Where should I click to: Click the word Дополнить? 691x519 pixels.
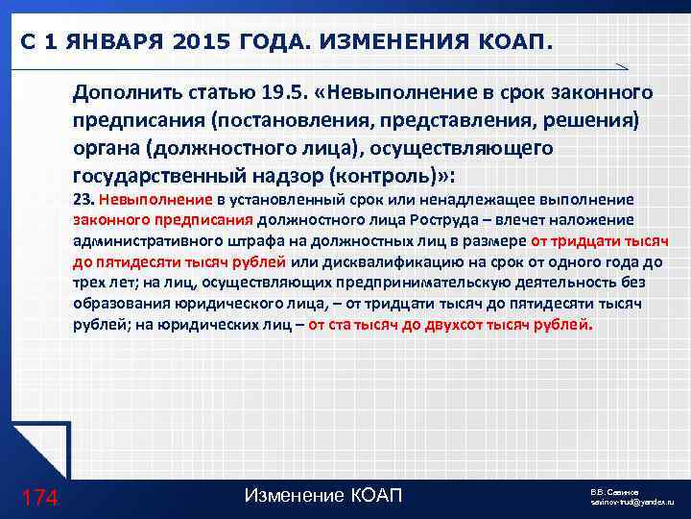pos(123,94)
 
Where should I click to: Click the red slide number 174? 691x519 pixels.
pos(40,497)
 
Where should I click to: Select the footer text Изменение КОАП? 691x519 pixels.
pos(323,496)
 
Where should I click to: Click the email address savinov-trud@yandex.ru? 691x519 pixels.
pos(632,503)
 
